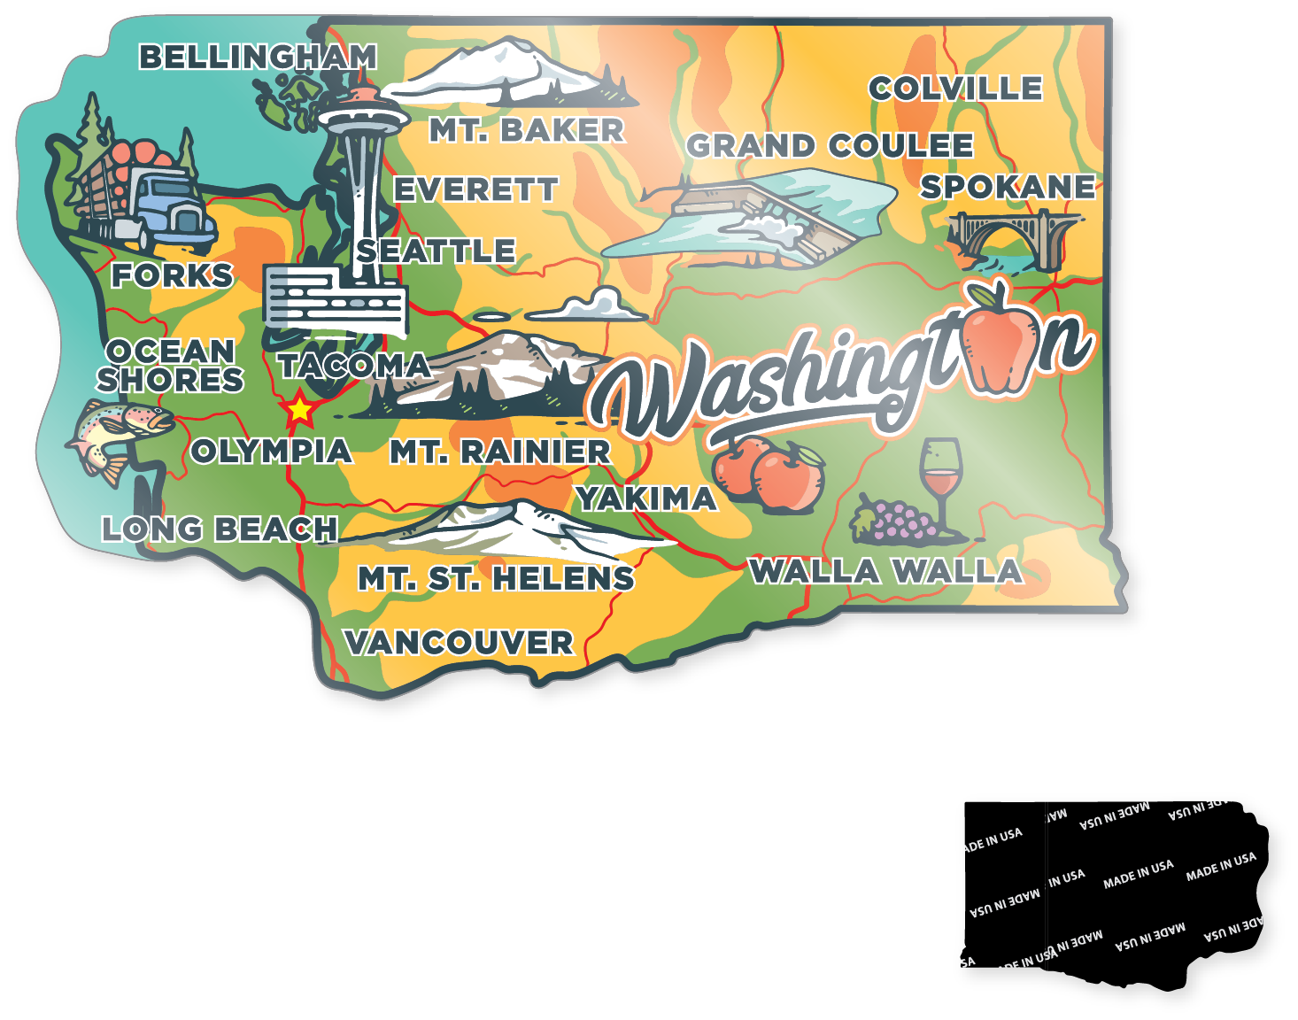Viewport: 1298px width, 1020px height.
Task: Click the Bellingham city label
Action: click(x=258, y=57)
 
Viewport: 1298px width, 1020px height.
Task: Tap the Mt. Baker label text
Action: click(x=527, y=130)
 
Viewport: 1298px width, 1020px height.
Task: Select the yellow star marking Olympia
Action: click(x=299, y=409)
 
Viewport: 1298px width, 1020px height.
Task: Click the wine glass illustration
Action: click(x=940, y=483)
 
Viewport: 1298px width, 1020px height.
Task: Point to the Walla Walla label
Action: click(x=885, y=571)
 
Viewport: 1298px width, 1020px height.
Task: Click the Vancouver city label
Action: click(x=459, y=642)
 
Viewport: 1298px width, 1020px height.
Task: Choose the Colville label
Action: click(x=955, y=88)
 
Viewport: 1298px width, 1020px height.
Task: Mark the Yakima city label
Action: click(x=646, y=498)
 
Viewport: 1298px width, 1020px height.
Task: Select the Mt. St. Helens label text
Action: click(x=496, y=578)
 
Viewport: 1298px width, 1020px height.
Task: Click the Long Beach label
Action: click(x=220, y=529)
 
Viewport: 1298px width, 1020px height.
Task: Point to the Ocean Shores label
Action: click(x=170, y=365)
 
